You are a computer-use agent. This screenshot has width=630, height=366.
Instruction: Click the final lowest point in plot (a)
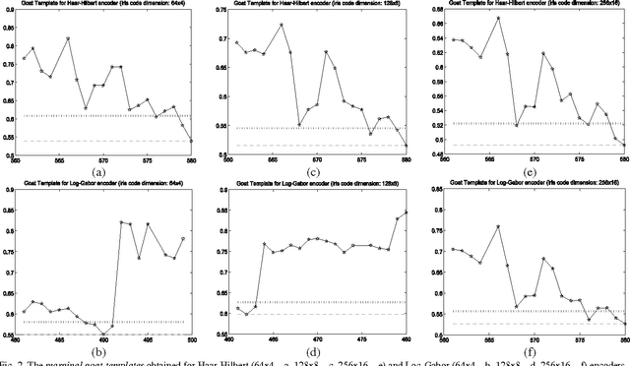pos(191,141)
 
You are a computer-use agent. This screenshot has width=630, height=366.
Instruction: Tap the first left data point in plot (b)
pos(24,312)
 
